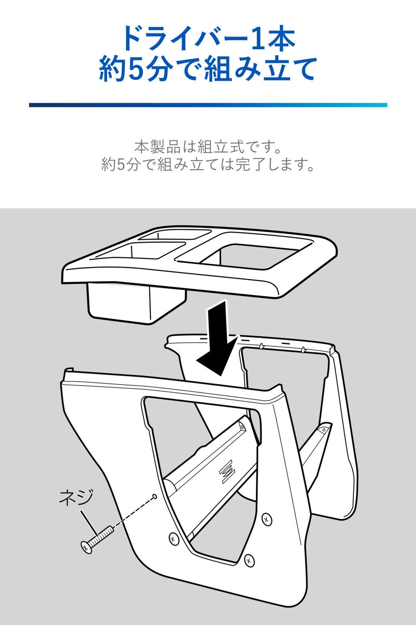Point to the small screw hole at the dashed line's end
click(155, 496)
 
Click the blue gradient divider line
click(208, 105)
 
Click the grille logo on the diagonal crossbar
click(227, 471)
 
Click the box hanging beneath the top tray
click(136, 302)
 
